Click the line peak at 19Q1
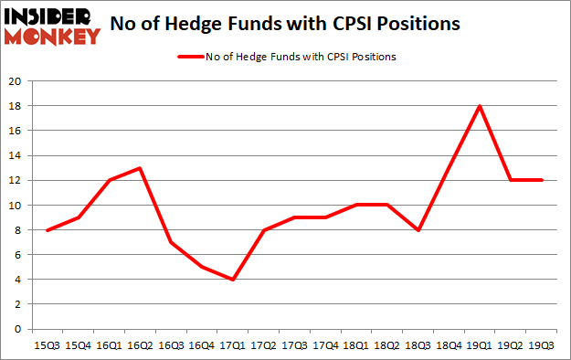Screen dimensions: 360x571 point(480,106)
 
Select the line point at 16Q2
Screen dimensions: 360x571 point(138,168)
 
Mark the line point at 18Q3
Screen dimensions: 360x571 point(418,230)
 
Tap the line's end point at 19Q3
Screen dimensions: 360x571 point(542,180)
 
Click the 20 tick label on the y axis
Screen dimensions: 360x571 point(15,81)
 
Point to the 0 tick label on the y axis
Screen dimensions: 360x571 point(17,330)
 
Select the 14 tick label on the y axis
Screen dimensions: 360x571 point(15,156)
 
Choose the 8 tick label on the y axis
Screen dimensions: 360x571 point(17,230)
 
